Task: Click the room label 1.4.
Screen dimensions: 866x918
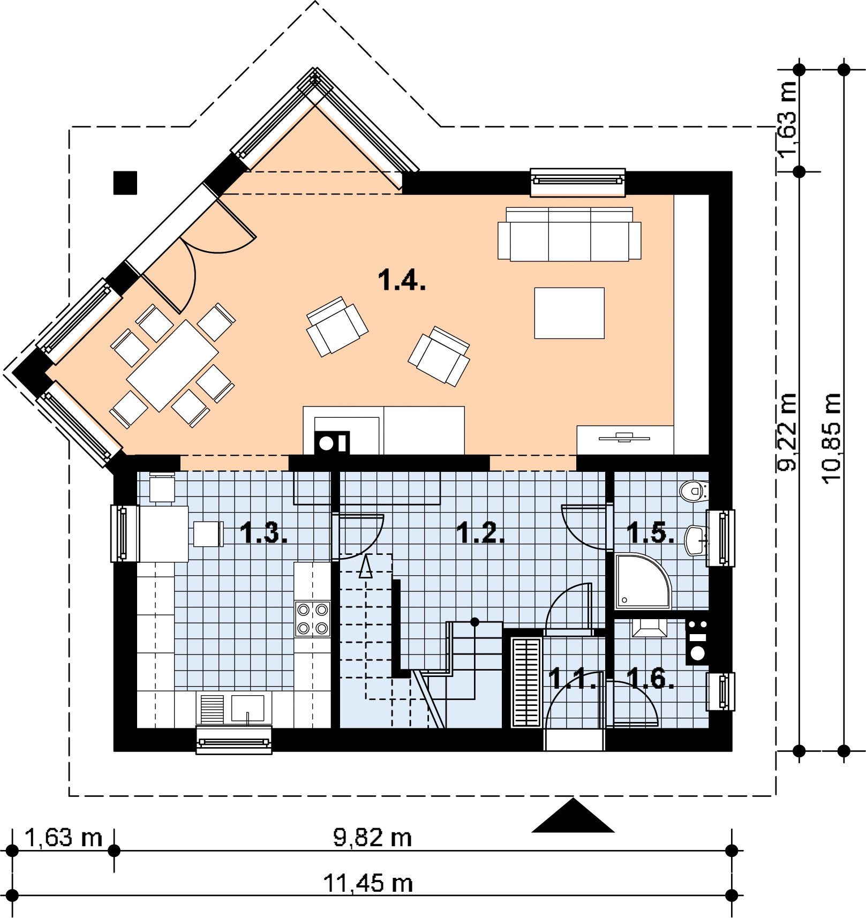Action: coord(402,280)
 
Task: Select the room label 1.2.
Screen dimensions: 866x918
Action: coord(480,533)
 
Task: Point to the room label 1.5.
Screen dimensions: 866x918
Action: coord(650,533)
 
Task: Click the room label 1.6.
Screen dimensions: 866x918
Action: coord(650,679)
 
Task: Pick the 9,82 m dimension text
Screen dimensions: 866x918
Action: coord(373,838)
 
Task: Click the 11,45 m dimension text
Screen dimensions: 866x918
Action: coord(368,883)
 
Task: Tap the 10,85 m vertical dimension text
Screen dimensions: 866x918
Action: coord(831,439)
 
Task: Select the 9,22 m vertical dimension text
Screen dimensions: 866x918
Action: coord(787,432)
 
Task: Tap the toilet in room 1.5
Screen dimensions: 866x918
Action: coord(694,491)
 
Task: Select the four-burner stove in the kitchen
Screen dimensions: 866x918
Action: coord(313,619)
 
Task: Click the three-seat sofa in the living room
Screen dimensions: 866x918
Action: coord(569,234)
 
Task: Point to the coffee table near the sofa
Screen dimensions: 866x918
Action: coord(569,313)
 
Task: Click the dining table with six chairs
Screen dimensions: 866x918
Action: coord(172,365)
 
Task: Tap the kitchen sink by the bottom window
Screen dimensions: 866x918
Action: coord(247,708)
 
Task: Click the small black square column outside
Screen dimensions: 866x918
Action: coord(125,183)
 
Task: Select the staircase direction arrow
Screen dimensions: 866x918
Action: coord(366,566)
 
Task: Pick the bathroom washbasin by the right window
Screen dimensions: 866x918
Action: coord(697,540)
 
